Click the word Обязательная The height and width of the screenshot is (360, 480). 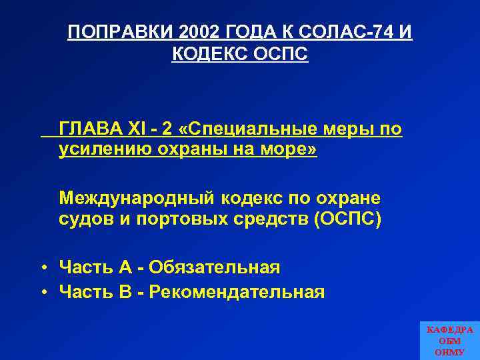215,267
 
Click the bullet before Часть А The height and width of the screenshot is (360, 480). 42,268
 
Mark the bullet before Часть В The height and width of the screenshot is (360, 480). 42,292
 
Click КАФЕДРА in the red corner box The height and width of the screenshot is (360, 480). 449,330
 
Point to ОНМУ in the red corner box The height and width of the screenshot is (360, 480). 449,352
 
